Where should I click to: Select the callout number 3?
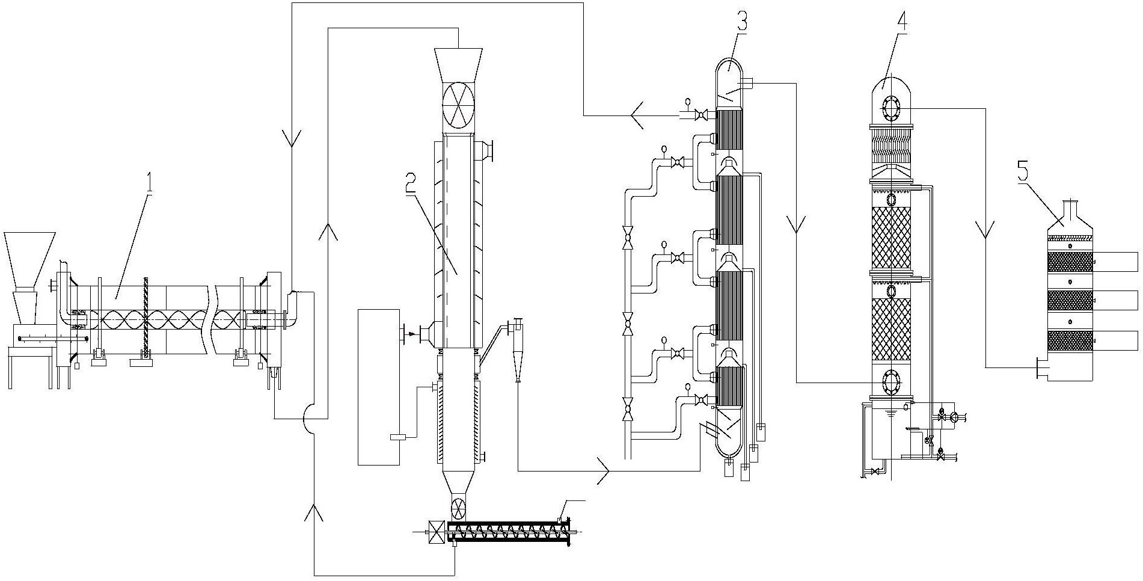741,17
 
